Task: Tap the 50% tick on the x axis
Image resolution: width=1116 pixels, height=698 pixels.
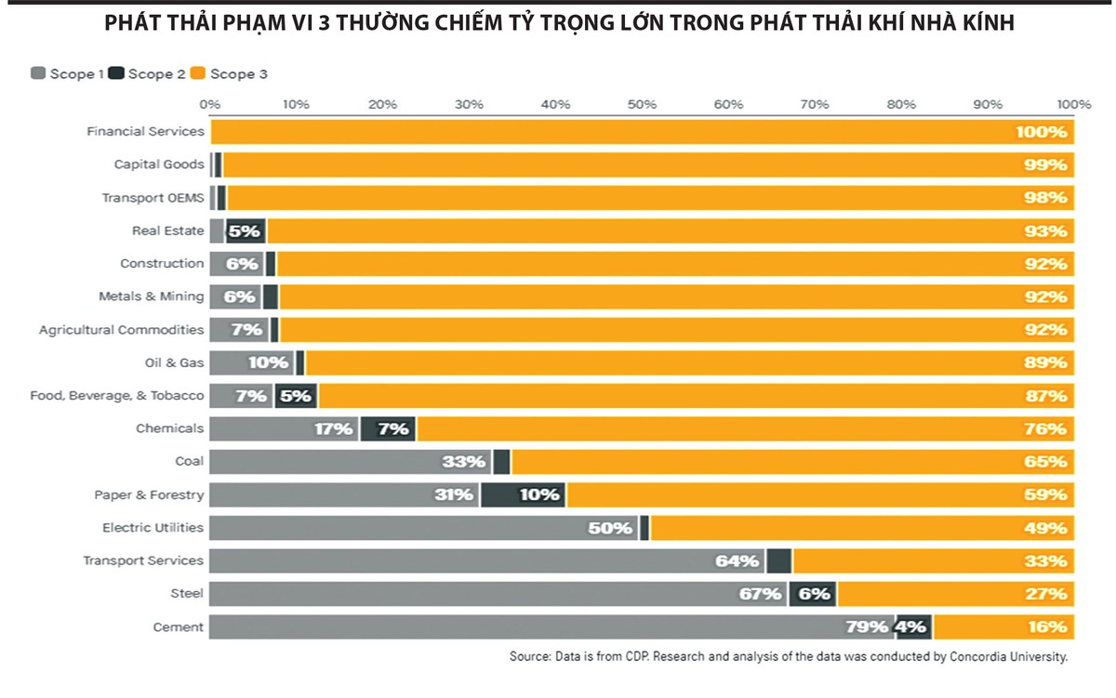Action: click(x=642, y=104)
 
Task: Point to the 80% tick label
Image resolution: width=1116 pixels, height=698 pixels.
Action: click(x=901, y=104)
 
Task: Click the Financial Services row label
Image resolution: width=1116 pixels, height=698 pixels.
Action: click(x=145, y=131)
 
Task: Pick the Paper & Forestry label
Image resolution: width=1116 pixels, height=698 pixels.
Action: click(x=149, y=494)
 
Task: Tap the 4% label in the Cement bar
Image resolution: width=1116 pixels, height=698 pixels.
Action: click(x=910, y=626)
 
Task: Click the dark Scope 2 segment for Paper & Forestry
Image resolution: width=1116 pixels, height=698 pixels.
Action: click(x=523, y=494)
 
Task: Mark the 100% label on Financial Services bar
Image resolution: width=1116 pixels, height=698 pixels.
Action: click(x=1041, y=132)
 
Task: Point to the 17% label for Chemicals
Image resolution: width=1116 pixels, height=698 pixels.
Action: click(x=334, y=428)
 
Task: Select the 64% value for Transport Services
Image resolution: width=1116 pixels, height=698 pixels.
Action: click(x=737, y=560)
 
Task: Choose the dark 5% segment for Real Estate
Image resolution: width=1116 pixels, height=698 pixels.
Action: click(x=245, y=230)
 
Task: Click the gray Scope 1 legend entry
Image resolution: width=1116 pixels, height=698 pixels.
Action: click(x=66, y=73)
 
